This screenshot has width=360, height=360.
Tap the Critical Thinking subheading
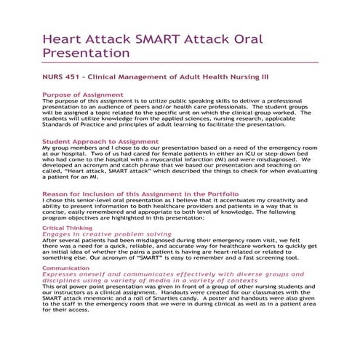point(67,228)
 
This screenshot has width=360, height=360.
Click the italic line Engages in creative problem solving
point(107,234)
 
